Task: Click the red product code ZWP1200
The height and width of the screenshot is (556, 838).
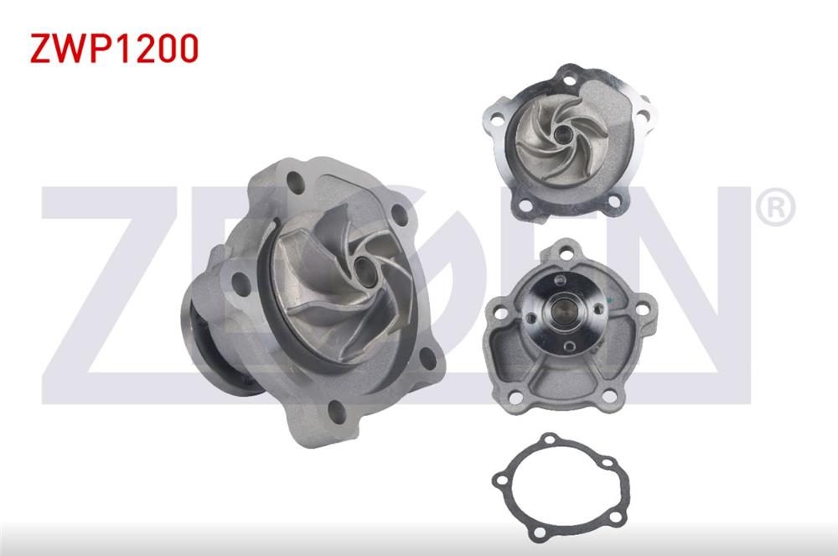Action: coord(114,49)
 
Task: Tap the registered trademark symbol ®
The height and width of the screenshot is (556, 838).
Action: coord(775,207)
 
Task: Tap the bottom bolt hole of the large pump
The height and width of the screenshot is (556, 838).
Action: coord(336,412)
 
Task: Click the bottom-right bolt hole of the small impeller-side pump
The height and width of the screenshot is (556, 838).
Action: coord(613,201)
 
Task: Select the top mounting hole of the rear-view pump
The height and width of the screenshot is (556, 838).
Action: coord(567,251)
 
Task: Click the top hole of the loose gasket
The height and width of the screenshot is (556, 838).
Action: coord(550,439)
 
